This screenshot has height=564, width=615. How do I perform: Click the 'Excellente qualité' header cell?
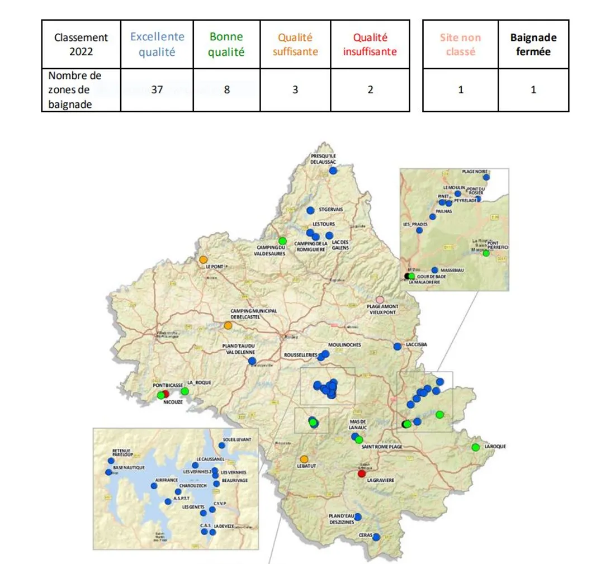[x=157, y=44]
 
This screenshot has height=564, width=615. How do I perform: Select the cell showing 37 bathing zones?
[x=157, y=89]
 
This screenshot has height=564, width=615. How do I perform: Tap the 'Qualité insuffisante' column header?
[x=370, y=44]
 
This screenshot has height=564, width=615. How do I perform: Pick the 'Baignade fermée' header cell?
[x=533, y=44]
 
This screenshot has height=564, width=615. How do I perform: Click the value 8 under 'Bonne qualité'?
[x=226, y=89]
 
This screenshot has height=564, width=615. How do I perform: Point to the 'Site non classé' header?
[x=461, y=44]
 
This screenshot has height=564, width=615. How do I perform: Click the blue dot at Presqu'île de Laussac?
[x=333, y=170]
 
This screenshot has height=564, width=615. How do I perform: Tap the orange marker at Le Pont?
[x=203, y=259]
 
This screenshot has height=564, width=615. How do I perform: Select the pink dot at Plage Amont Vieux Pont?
[x=380, y=300]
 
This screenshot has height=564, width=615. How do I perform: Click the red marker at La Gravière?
[x=362, y=473]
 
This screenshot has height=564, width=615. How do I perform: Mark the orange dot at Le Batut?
[x=304, y=459]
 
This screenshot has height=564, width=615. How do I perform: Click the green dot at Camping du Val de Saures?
[x=282, y=241]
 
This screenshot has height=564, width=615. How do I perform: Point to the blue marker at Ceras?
[x=376, y=537]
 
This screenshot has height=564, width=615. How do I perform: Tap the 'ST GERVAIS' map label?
[x=330, y=210]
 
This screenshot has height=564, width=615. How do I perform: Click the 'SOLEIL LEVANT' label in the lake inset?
[x=236, y=439]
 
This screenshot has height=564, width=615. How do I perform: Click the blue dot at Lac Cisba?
[x=398, y=346]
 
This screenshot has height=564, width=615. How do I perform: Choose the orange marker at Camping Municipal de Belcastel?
[x=228, y=325]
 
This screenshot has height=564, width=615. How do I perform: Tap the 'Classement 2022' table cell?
[x=81, y=44]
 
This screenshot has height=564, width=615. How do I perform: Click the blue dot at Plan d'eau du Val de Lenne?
[x=252, y=361]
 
